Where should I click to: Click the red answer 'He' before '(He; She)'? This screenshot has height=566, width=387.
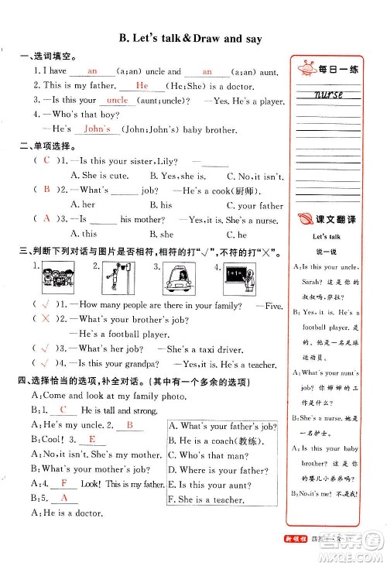142,86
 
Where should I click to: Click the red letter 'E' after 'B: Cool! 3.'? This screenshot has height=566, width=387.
92,439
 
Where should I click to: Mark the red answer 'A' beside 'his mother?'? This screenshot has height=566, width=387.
47,218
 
